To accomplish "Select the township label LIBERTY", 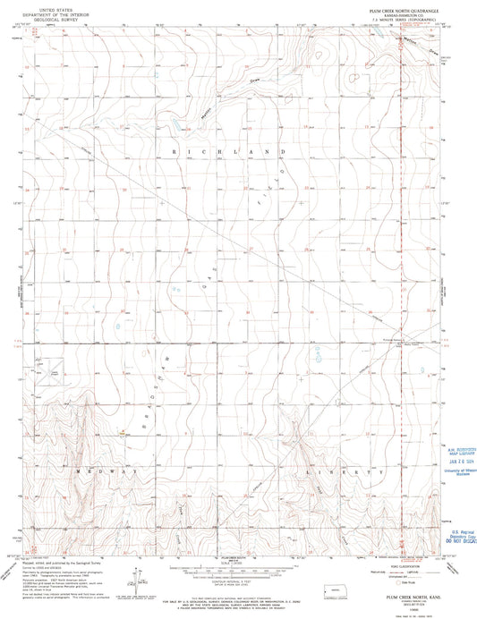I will coord(344,471).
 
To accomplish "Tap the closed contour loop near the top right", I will coord(355,77).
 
